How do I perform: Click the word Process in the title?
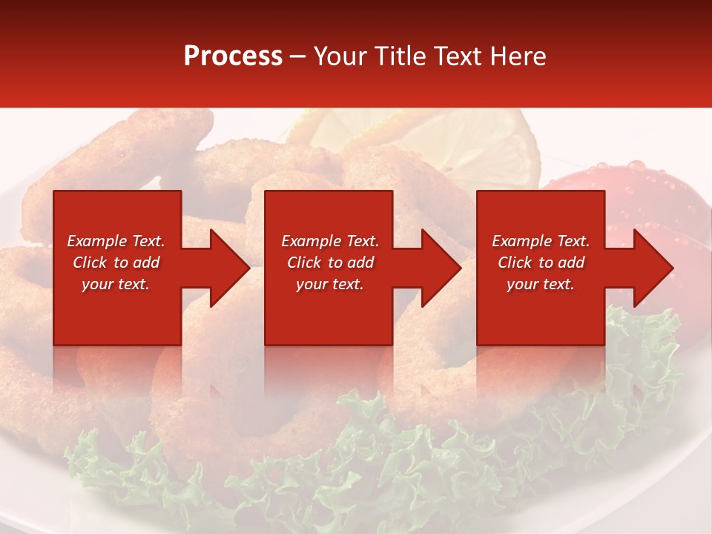233,56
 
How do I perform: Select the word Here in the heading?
518,56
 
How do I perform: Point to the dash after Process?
298,57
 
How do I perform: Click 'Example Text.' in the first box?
116,241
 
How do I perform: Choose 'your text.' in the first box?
116,284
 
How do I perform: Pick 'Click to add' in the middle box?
330,263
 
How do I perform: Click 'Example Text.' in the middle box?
330,241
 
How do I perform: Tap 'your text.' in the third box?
541,284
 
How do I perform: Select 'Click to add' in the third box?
541,263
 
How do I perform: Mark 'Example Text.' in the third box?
541,241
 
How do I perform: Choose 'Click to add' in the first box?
116,263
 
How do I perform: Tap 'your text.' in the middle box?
330,284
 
